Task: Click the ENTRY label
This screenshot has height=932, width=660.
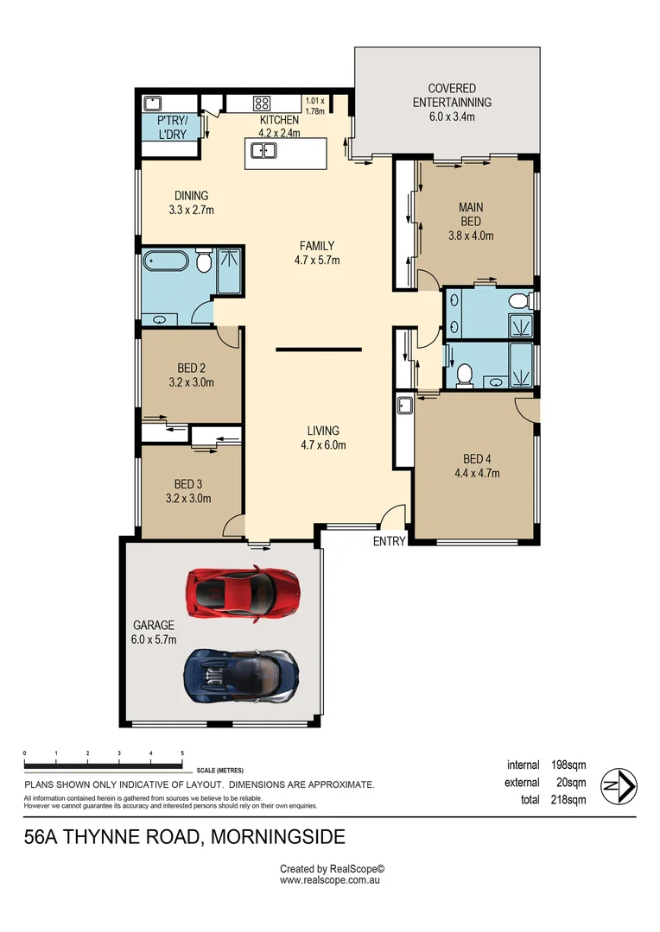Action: pyautogui.click(x=389, y=541)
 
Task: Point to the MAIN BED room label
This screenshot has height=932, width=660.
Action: pyautogui.click(x=471, y=214)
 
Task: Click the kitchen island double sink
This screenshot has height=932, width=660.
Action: pyautogui.click(x=263, y=152)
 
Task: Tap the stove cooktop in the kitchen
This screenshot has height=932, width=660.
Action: pyautogui.click(x=261, y=103)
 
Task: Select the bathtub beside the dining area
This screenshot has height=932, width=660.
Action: pyautogui.click(x=167, y=260)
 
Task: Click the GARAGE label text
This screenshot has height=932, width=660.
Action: pyautogui.click(x=153, y=626)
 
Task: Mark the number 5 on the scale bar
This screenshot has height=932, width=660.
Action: pyautogui.click(x=182, y=753)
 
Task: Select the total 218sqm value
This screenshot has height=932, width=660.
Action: pyautogui.click(x=568, y=800)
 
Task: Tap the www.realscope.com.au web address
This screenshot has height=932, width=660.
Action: pyautogui.click(x=330, y=880)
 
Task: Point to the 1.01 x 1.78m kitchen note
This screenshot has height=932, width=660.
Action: pyautogui.click(x=315, y=105)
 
